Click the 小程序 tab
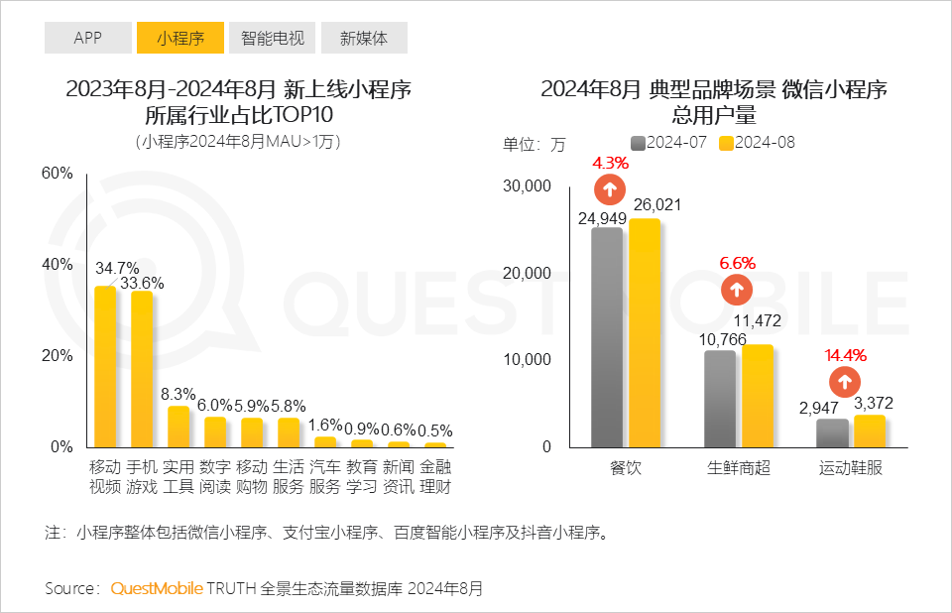[180, 39]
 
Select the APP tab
[88, 39]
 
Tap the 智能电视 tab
[273, 39]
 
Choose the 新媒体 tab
[364, 39]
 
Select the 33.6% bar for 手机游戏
[142, 368]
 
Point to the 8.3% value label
[178, 395]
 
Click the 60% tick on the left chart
[58, 173]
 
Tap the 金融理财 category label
[435, 477]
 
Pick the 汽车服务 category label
[325, 477]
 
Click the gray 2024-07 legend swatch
[639, 143]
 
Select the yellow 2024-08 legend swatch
[726, 143]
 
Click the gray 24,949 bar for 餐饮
[607, 337]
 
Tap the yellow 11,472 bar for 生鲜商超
[757, 395]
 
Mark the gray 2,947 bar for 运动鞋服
[832, 432]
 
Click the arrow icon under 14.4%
[845, 381]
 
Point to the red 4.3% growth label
[611, 163]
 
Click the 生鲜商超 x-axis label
[738, 467]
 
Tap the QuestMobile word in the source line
[156, 588]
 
